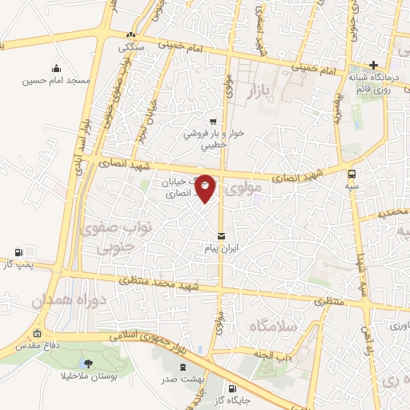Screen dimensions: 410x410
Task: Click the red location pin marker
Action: click(205, 187)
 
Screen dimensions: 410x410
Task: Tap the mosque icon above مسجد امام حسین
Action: click(56, 69)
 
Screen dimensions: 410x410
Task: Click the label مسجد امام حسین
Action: click(55, 82)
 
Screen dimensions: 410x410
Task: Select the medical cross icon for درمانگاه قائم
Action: click(373, 66)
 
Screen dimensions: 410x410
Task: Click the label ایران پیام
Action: click(222, 248)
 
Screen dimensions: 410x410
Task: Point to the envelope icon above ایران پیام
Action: click(222, 236)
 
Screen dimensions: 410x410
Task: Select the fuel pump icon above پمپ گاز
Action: click(19, 251)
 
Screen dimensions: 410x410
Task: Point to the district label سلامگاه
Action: click(272, 326)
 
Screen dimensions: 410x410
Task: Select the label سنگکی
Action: click(131, 47)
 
